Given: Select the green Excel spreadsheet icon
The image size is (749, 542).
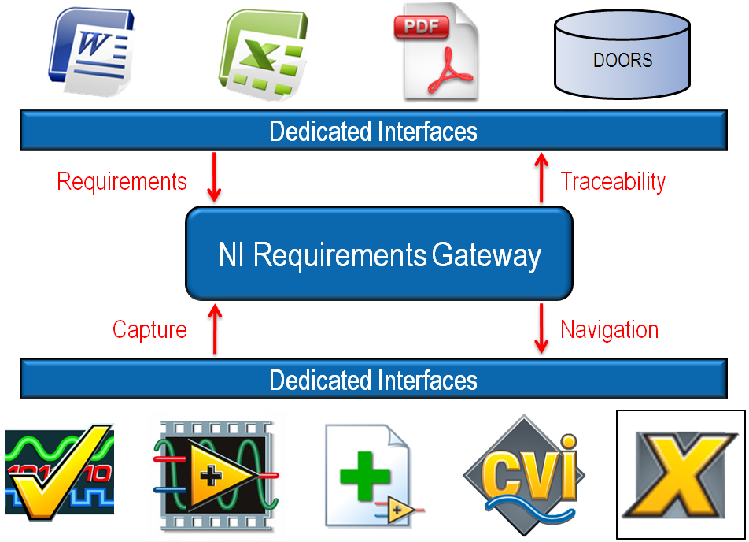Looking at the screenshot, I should [x=261, y=54].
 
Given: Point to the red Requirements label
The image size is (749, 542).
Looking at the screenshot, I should [x=122, y=182].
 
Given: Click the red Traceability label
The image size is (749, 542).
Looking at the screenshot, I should [x=613, y=182].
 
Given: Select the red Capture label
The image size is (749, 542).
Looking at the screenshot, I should [x=149, y=329].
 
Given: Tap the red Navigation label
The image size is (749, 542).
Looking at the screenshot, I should [x=609, y=329].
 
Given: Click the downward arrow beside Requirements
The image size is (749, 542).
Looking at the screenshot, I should [x=215, y=181].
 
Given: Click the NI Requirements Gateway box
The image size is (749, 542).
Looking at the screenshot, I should [x=378, y=253].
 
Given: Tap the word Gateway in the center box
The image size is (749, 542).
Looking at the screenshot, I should [x=486, y=256].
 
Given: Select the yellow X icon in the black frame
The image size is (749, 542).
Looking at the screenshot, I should [x=680, y=475].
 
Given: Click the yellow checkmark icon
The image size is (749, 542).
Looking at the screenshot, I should [x=59, y=473].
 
